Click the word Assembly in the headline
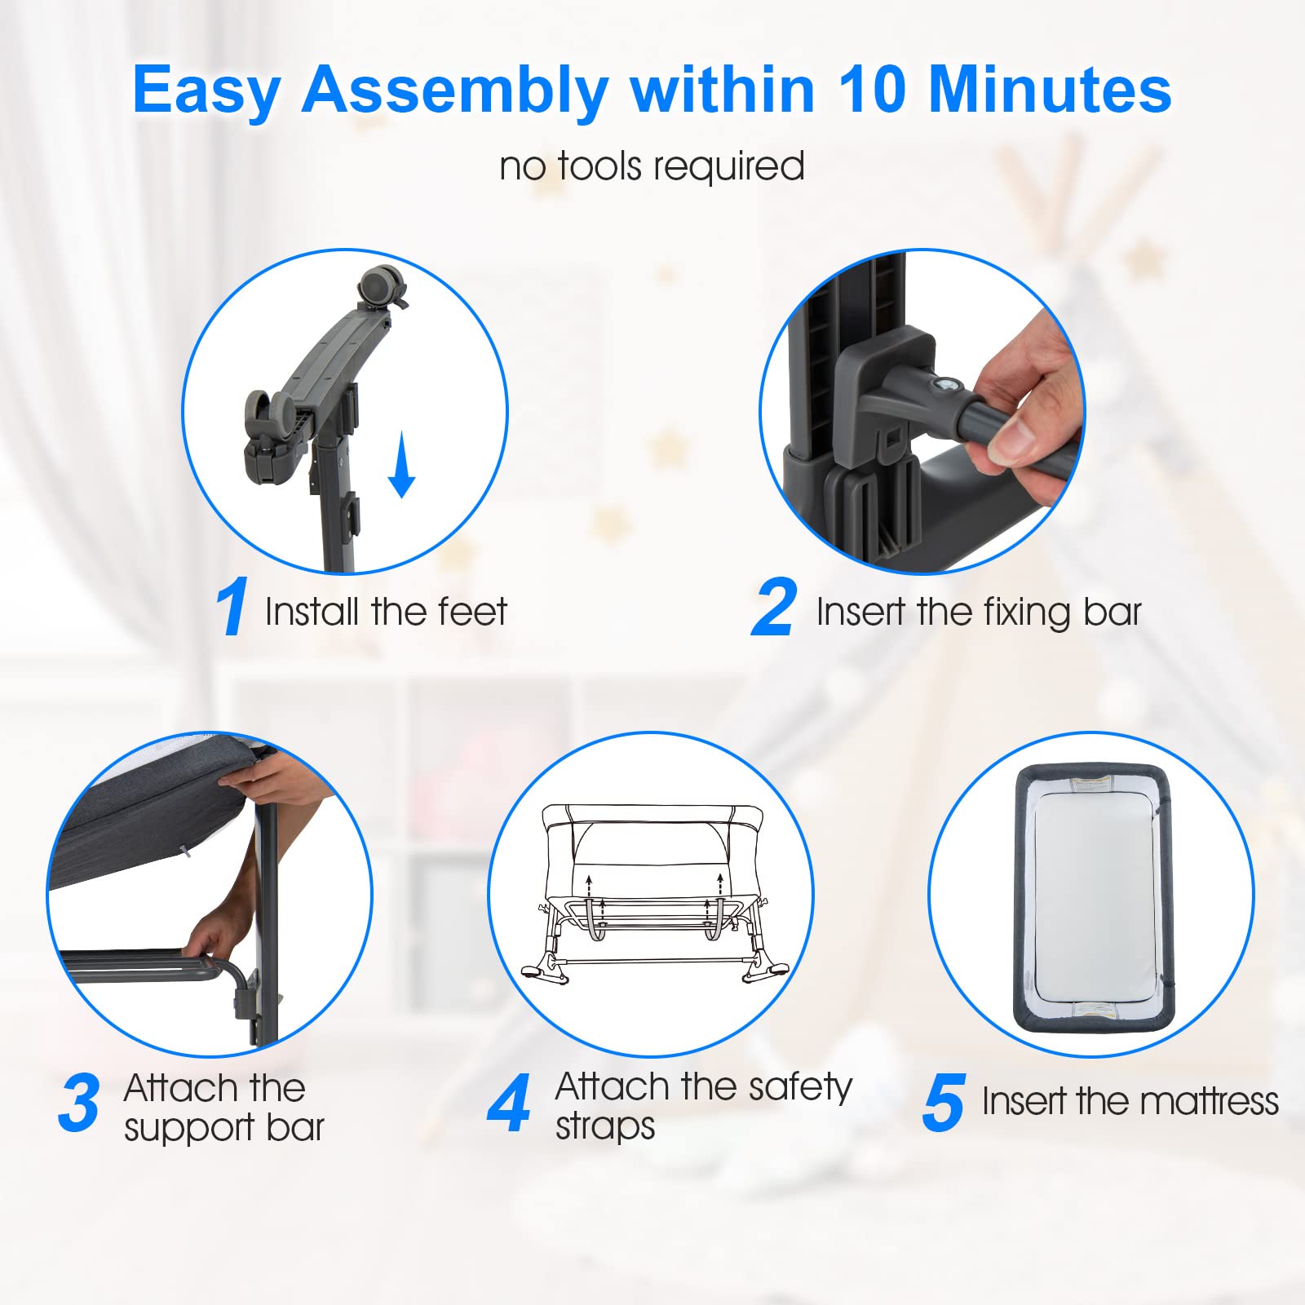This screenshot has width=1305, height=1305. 455,91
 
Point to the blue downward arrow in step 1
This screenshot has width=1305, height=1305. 401,465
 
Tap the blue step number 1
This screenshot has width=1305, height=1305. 232,606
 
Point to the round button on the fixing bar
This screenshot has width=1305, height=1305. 948,385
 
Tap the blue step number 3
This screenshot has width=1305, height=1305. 79,1104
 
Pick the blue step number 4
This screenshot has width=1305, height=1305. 509,1104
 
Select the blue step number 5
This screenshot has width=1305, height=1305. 944,1104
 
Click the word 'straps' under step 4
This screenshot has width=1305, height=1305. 605,1127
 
